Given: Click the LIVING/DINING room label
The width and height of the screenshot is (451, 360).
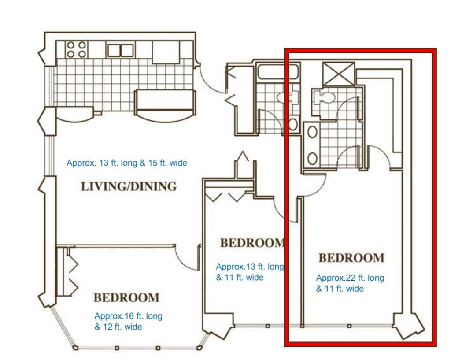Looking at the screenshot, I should (129, 186).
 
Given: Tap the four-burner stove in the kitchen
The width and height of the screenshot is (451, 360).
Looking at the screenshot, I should (76, 49).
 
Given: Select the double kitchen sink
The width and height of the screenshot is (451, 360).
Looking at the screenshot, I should (121, 50).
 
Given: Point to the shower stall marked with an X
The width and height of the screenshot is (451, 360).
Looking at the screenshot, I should (339, 74).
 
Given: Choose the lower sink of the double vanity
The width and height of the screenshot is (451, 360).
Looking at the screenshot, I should (312, 158).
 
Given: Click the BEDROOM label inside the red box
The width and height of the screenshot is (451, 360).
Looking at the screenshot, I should (351, 258).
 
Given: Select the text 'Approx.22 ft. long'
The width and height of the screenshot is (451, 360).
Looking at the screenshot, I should (350, 278).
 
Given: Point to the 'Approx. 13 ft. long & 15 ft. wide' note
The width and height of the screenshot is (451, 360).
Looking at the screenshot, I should (127, 163).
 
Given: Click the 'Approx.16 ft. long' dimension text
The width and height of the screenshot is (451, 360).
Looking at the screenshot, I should (128, 316).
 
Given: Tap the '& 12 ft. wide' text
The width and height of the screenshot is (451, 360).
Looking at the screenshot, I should (118, 327).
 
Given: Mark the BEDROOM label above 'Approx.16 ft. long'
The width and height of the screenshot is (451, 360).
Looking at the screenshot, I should (126, 297).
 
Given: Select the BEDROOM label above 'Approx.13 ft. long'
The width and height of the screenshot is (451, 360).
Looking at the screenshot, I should (252, 243).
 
